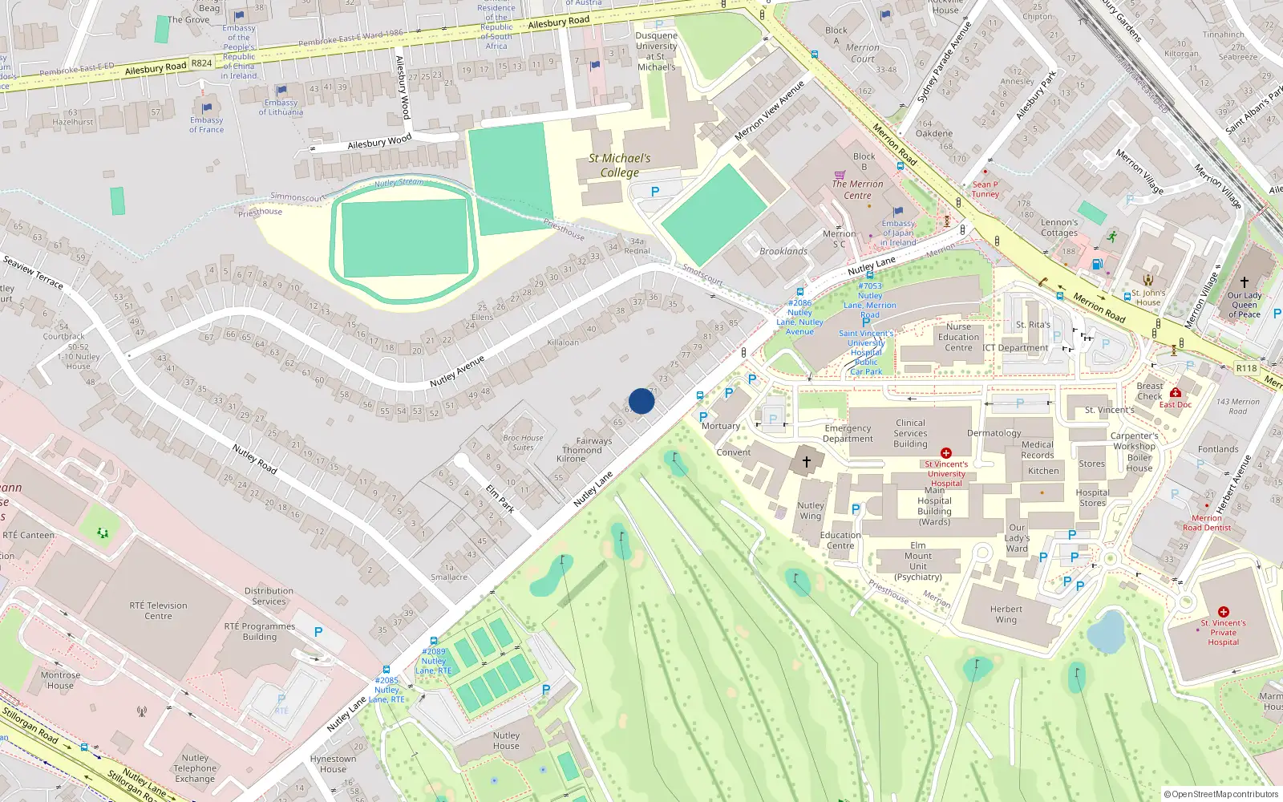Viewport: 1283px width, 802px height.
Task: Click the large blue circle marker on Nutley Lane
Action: click(641, 401)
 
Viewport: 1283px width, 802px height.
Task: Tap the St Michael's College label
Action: click(620, 165)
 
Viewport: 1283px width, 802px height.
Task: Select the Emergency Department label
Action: click(848, 433)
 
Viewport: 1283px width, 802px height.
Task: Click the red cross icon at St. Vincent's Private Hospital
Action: click(1223, 611)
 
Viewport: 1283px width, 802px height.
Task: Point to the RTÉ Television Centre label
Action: click(158, 610)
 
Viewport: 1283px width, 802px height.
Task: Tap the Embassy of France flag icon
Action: click(207, 107)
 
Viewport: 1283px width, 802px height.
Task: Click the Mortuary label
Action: click(721, 426)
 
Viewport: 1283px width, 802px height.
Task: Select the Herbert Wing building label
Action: click(1006, 614)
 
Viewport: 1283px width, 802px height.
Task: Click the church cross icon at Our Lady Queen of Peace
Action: click(1244, 282)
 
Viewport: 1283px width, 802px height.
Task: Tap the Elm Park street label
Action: click(500, 498)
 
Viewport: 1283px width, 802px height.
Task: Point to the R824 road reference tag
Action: click(202, 63)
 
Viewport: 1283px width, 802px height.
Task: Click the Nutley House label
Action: click(506, 740)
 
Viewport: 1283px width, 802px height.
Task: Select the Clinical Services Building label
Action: click(910, 433)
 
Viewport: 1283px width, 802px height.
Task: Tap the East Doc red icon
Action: click(1175, 392)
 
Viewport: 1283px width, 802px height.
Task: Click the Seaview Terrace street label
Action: click(33, 272)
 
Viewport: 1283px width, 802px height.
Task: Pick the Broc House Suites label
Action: click(523, 443)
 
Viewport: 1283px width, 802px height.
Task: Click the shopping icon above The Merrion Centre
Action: click(840, 174)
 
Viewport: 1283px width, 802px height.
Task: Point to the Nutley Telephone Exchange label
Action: click(195, 768)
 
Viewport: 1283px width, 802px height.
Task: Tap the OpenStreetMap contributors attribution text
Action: click(1221, 794)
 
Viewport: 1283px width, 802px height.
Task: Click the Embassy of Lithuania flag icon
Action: click(281, 91)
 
